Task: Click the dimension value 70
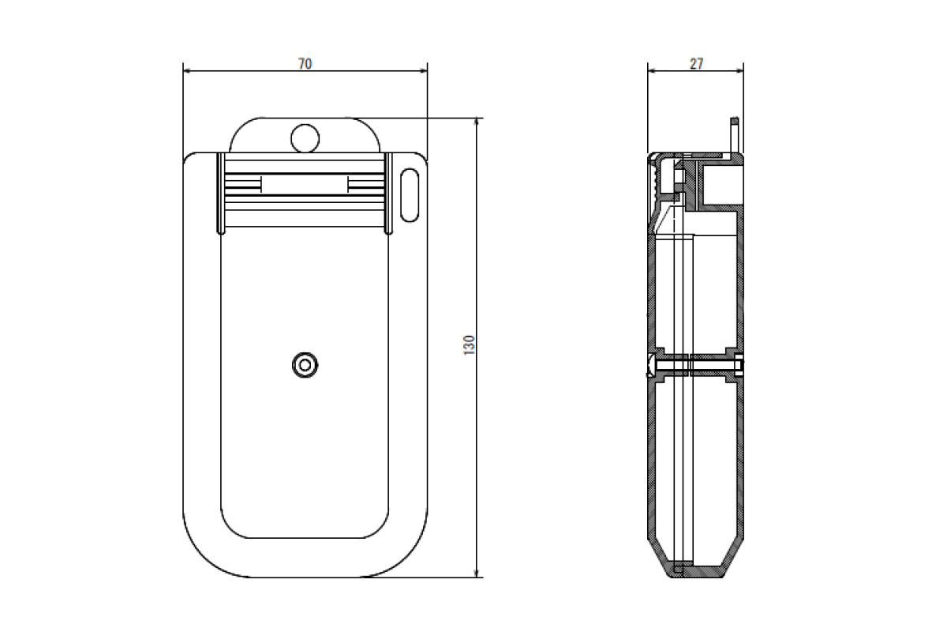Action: tap(305, 64)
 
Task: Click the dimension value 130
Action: tap(470, 345)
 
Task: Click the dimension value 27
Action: tap(696, 64)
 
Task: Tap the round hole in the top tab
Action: tap(305, 138)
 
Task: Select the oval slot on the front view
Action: tap(410, 195)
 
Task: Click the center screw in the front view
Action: tap(305, 365)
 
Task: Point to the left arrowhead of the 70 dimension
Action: tap(188, 71)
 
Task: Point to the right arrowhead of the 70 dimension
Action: tap(422, 71)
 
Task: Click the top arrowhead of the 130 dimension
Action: tap(477, 122)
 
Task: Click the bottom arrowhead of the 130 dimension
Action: tap(477, 572)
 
